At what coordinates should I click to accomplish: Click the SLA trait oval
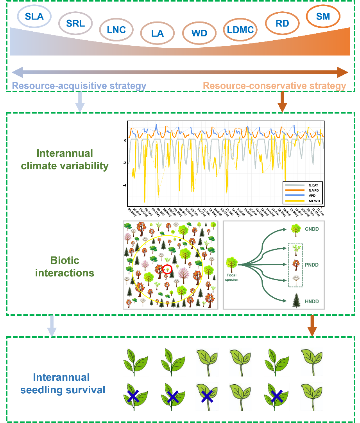point(34,16)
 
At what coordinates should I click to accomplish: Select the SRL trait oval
point(75,23)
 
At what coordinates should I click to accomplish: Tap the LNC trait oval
point(116,29)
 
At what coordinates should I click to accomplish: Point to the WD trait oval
point(199,33)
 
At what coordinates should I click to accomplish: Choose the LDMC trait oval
point(240,29)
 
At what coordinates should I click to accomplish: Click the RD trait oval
point(282,23)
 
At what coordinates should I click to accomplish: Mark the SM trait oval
point(323,16)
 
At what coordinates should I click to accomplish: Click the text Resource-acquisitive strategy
point(79,86)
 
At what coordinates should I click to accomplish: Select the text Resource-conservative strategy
point(274,86)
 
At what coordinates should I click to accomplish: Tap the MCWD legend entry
point(307,201)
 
